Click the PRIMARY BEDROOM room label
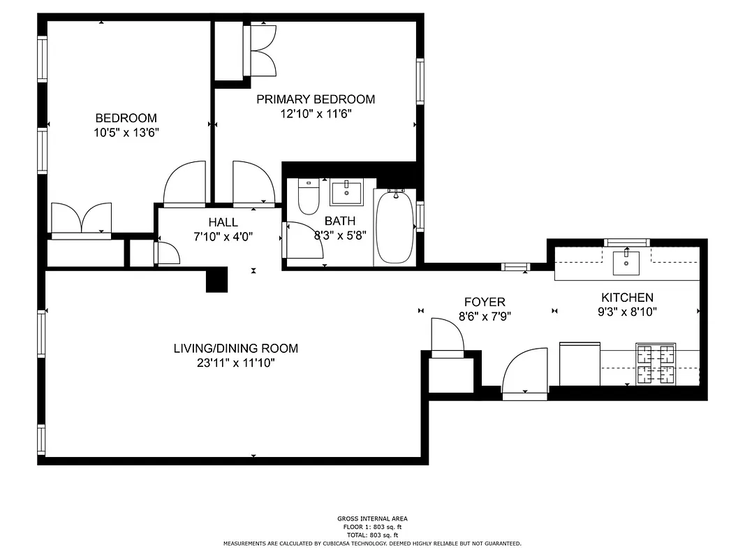pos(315,99)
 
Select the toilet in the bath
pos(308,196)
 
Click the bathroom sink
pos(346,192)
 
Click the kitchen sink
pos(627,262)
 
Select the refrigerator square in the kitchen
pos(580,363)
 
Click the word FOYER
pos(485,302)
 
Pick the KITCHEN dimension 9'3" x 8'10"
pos(627,312)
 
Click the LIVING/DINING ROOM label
pos(235,348)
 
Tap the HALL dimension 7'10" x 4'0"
pos(223,236)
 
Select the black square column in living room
pos(217,279)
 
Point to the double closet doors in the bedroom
pos(82,219)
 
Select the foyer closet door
pos(448,338)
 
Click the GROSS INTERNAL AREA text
pos(371,518)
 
